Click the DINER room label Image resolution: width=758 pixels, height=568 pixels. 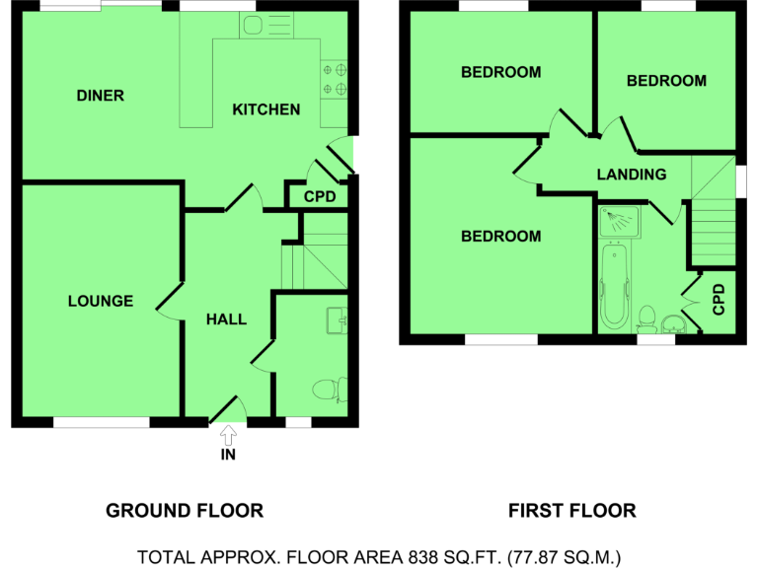click(x=100, y=96)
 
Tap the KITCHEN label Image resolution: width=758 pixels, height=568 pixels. click(x=265, y=109)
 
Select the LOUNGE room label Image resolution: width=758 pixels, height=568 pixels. click(x=101, y=301)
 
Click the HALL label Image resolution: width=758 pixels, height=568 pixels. click(x=226, y=319)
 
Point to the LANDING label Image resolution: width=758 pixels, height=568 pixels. click(x=632, y=175)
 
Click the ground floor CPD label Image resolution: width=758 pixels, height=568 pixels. click(x=320, y=197)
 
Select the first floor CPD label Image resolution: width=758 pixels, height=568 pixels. click(x=719, y=299)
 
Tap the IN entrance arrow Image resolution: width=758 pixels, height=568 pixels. click(x=229, y=435)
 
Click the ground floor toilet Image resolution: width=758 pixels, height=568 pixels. click(x=330, y=390)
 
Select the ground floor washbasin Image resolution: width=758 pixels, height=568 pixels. click(x=339, y=319)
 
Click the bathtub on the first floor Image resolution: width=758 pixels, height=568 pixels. click(x=612, y=285)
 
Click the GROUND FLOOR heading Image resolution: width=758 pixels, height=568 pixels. click(x=185, y=510)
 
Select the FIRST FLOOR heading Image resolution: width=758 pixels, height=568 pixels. click(x=572, y=510)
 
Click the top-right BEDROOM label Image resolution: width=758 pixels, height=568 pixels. click(x=666, y=81)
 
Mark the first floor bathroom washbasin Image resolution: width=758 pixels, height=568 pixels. click(x=674, y=323)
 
